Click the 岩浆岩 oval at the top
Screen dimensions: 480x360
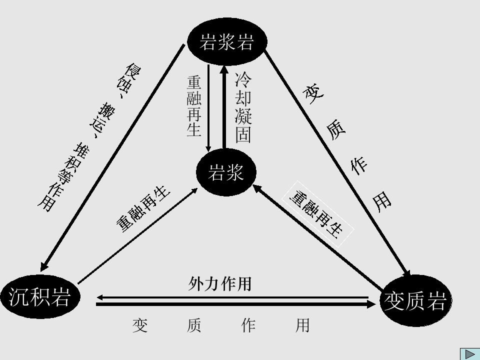click(x=227, y=41)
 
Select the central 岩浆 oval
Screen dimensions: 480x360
click(x=226, y=172)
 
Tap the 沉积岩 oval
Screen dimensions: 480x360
click(x=40, y=296)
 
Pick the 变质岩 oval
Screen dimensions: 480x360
click(x=415, y=300)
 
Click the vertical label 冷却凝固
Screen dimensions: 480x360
click(x=243, y=107)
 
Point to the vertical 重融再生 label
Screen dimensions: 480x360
click(x=194, y=106)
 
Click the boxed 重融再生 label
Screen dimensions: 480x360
click(x=317, y=214)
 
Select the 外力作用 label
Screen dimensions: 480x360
click(x=220, y=283)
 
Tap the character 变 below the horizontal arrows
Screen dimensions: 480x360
click(x=140, y=325)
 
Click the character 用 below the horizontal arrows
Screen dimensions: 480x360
click(x=302, y=325)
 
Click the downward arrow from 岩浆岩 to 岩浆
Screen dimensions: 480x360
click(x=208, y=108)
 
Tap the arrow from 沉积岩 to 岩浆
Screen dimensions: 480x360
click(x=138, y=235)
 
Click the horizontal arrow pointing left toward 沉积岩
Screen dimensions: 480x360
click(x=232, y=297)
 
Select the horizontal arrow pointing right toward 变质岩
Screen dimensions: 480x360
click(x=236, y=304)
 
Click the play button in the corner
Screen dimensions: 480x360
click(x=469, y=354)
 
